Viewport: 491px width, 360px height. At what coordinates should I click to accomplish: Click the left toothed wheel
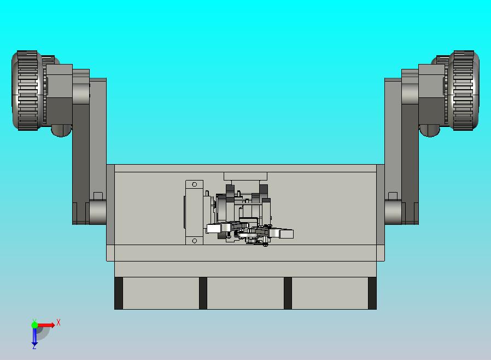point(27,90)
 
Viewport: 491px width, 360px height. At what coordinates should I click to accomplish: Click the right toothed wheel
point(464,90)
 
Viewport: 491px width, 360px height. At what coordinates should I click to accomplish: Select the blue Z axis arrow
point(34,336)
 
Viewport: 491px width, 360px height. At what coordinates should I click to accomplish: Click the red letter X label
point(59,322)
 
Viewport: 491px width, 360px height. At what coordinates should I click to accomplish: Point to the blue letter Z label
point(34,347)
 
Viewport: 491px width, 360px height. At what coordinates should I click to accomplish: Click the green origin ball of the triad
point(34,324)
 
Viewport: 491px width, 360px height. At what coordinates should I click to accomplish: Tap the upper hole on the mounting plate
point(195,184)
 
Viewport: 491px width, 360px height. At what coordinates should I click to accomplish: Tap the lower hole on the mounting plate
point(195,241)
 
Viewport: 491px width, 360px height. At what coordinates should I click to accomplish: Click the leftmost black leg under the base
point(119,293)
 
